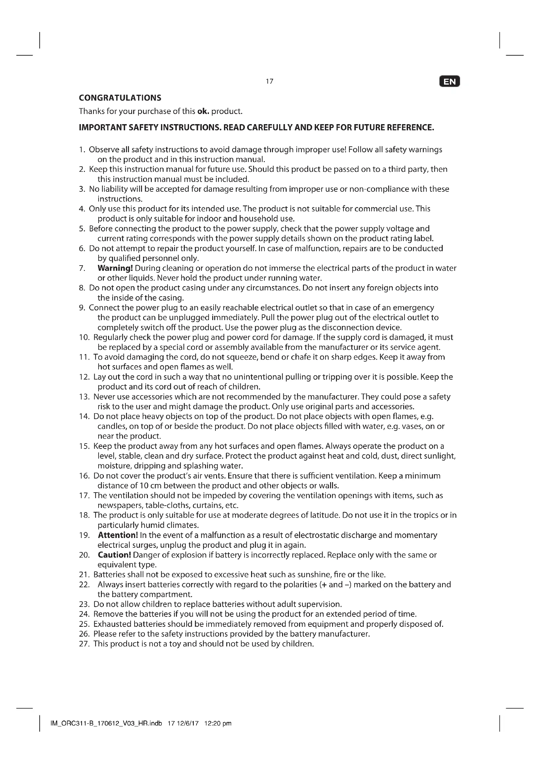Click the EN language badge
(450, 82)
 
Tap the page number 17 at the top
(270, 81)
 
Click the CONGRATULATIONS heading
(120, 98)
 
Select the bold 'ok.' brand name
(203, 111)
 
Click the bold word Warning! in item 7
(115, 268)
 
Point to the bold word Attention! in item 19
(118, 535)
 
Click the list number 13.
(84, 397)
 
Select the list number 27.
(84, 643)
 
